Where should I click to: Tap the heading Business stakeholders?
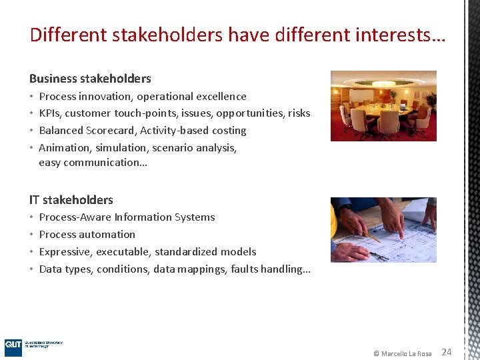click(x=90, y=79)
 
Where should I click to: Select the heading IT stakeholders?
click(x=71, y=200)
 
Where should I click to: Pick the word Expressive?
click(x=65, y=252)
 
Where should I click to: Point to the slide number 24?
click(x=447, y=352)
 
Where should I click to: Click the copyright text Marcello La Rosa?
click(x=406, y=353)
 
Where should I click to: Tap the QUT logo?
click(x=13, y=347)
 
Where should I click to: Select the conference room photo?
click(x=383, y=106)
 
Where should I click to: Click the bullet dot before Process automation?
click(x=32, y=235)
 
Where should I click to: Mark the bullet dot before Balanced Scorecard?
click(x=32, y=131)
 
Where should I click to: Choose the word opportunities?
click(x=250, y=113)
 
